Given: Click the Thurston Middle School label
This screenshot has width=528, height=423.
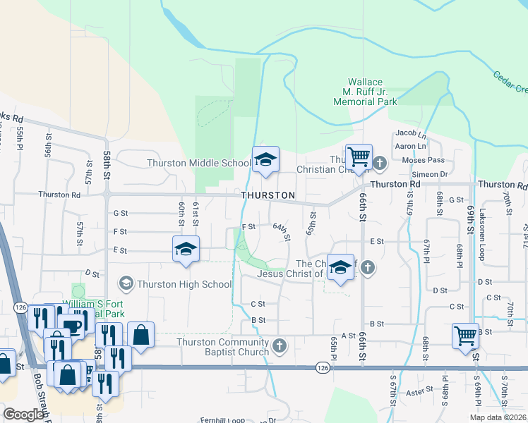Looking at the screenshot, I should (198, 164).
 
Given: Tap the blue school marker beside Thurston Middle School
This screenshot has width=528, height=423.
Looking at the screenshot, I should (265, 161).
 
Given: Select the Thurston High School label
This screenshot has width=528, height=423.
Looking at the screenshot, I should (185, 284).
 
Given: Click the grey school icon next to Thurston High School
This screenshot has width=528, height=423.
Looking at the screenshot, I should (126, 284).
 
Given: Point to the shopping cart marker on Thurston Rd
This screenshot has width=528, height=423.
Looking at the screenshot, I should (359, 158).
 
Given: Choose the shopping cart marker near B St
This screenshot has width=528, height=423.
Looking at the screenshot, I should (466, 336).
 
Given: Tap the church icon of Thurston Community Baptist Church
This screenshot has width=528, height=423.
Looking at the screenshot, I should (280, 345).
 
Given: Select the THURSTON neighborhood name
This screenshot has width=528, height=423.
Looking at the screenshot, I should (268, 195).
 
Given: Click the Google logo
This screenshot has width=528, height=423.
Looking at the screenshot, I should (23, 415).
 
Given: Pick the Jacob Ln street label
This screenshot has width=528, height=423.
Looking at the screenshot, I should (412, 133).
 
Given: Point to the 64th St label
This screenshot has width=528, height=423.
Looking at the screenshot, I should (282, 231).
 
